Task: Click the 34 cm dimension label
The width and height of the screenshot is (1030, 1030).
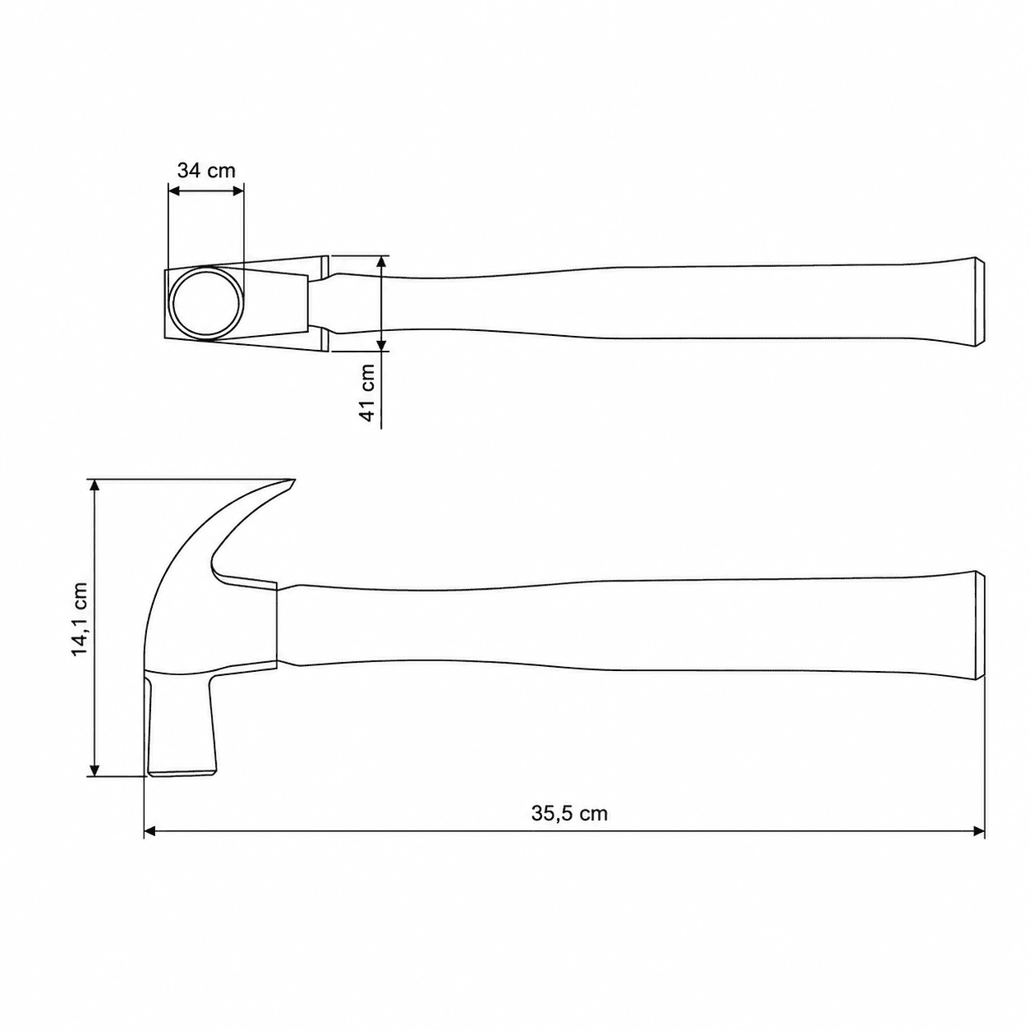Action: tap(206, 171)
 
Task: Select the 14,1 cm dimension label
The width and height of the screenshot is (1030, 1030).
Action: tap(80, 618)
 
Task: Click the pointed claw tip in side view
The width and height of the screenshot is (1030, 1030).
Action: tap(294, 480)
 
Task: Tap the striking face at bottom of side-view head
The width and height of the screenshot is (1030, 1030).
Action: tap(182, 773)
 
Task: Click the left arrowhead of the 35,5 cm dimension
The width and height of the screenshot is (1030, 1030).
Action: tap(150, 846)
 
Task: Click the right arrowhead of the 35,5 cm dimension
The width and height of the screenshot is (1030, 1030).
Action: tap(979, 846)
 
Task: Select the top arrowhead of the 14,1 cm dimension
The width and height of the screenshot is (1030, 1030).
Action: tap(94, 485)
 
